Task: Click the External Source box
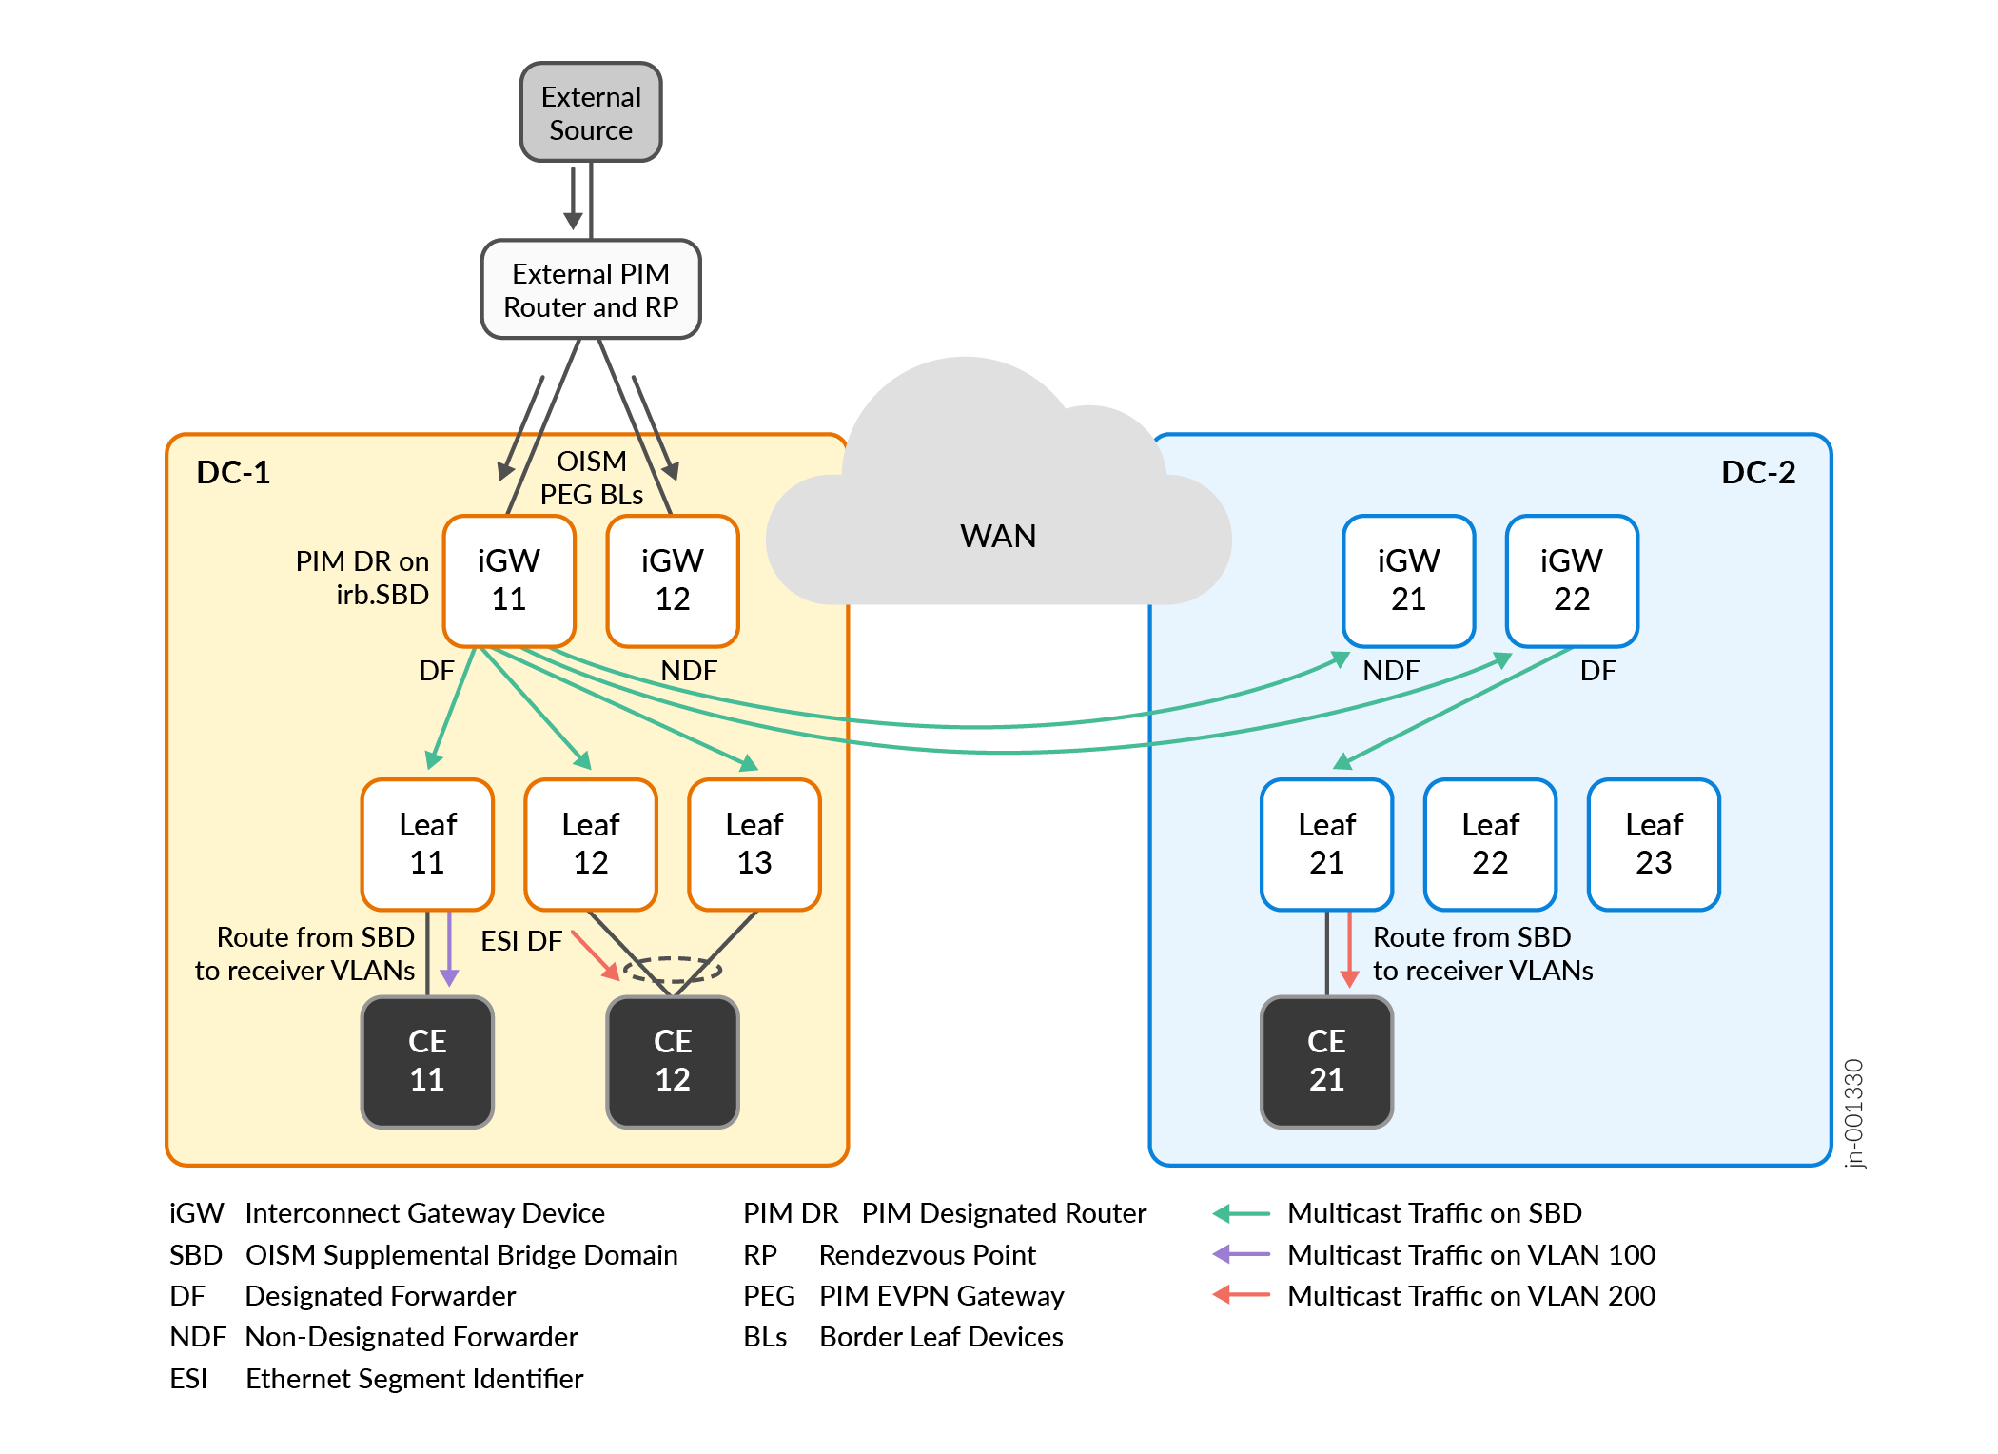pyautogui.click(x=591, y=112)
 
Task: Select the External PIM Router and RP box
pyautogui.click(x=591, y=289)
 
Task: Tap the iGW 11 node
pyautogui.click(x=509, y=580)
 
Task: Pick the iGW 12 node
pyautogui.click(x=673, y=580)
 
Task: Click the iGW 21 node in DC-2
pyautogui.click(x=1408, y=580)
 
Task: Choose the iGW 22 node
pyautogui.click(x=1572, y=580)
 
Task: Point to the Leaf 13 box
pyautogui.click(x=754, y=844)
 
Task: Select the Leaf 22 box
pyautogui.click(x=1490, y=844)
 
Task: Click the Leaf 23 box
pyautogui.click(x=1654, y=844)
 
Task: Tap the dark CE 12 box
pyautogui.click(x=673, y=1061)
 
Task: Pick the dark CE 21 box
pyautogui.click(x=1326, y=1061)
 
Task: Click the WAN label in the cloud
pyautogui.click(x=998, y=537)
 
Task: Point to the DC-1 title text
pyautogui.click(x=233, y=472)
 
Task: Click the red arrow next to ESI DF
pyautogui.click(x=596, y=954)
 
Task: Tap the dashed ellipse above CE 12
pyautogui.click(x=673, y=970)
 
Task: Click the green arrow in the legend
pyautogui.click(x=1242, y=1213)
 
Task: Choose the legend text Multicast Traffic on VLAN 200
pyautogui.click(x=1471, y=1296)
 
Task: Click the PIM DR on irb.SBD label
pyautogui.click(x=362, y=578)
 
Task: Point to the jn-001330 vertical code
pyautogui.click(x=1854, y=1113)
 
